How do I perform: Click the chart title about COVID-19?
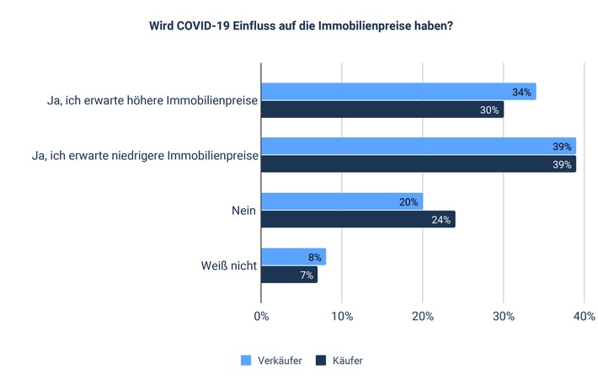(300, 25)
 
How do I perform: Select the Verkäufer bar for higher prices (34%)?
(398, 92)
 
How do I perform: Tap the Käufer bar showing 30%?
(382, 110)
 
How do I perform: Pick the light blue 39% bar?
(418, 147)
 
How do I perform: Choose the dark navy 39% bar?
(418, 164)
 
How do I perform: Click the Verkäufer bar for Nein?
(341, 201)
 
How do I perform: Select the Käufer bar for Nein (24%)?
(357, 220)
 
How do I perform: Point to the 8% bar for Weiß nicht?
(293, 257)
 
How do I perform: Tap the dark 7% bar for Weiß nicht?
(289, 275)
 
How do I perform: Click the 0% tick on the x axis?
(261, 317)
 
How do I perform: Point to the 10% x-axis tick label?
(341, 317)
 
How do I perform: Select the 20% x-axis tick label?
(422, 317)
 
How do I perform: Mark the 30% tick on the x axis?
(503, 317)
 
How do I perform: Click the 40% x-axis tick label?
(584, 317)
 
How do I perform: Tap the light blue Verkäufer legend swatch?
(247, 361)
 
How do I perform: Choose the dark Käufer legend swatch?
(321, 361)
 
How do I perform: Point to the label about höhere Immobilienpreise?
(152, 101)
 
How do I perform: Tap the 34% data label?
(521, 92)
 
